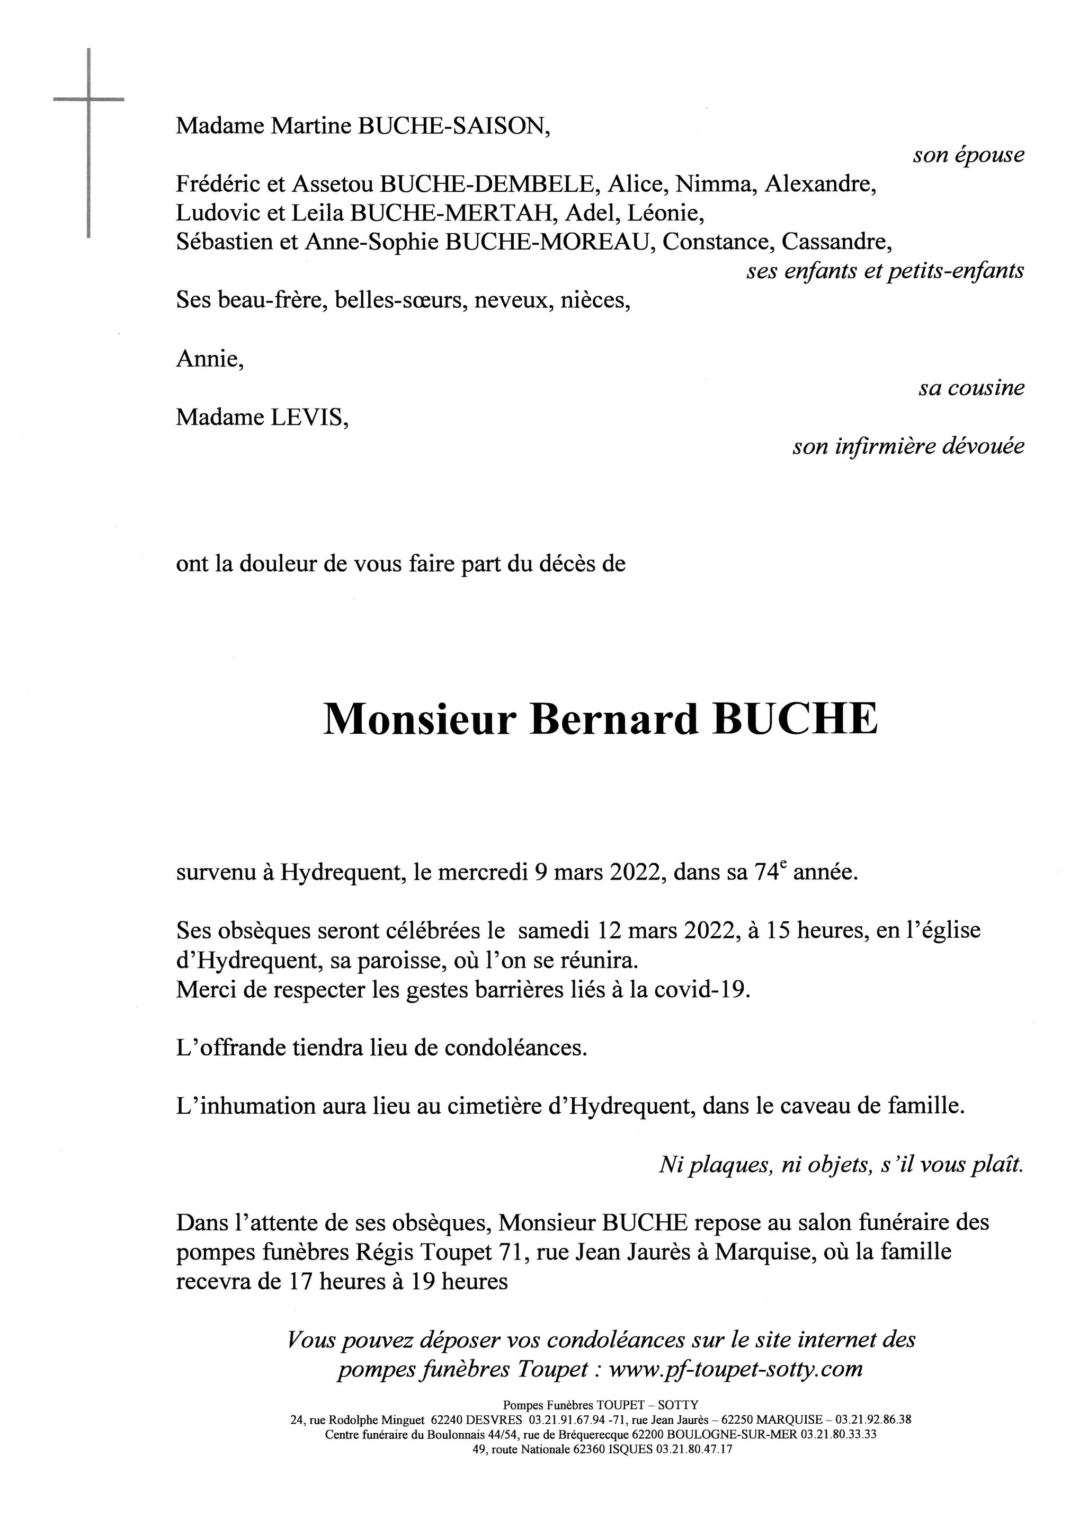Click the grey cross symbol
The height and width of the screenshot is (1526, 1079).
[x=88, y=100]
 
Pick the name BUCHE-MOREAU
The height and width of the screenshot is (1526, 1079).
[x=546, y=242]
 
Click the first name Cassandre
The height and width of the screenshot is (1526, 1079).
[x=836, y=242]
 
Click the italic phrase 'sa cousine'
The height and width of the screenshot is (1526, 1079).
[x=971, y=387]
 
